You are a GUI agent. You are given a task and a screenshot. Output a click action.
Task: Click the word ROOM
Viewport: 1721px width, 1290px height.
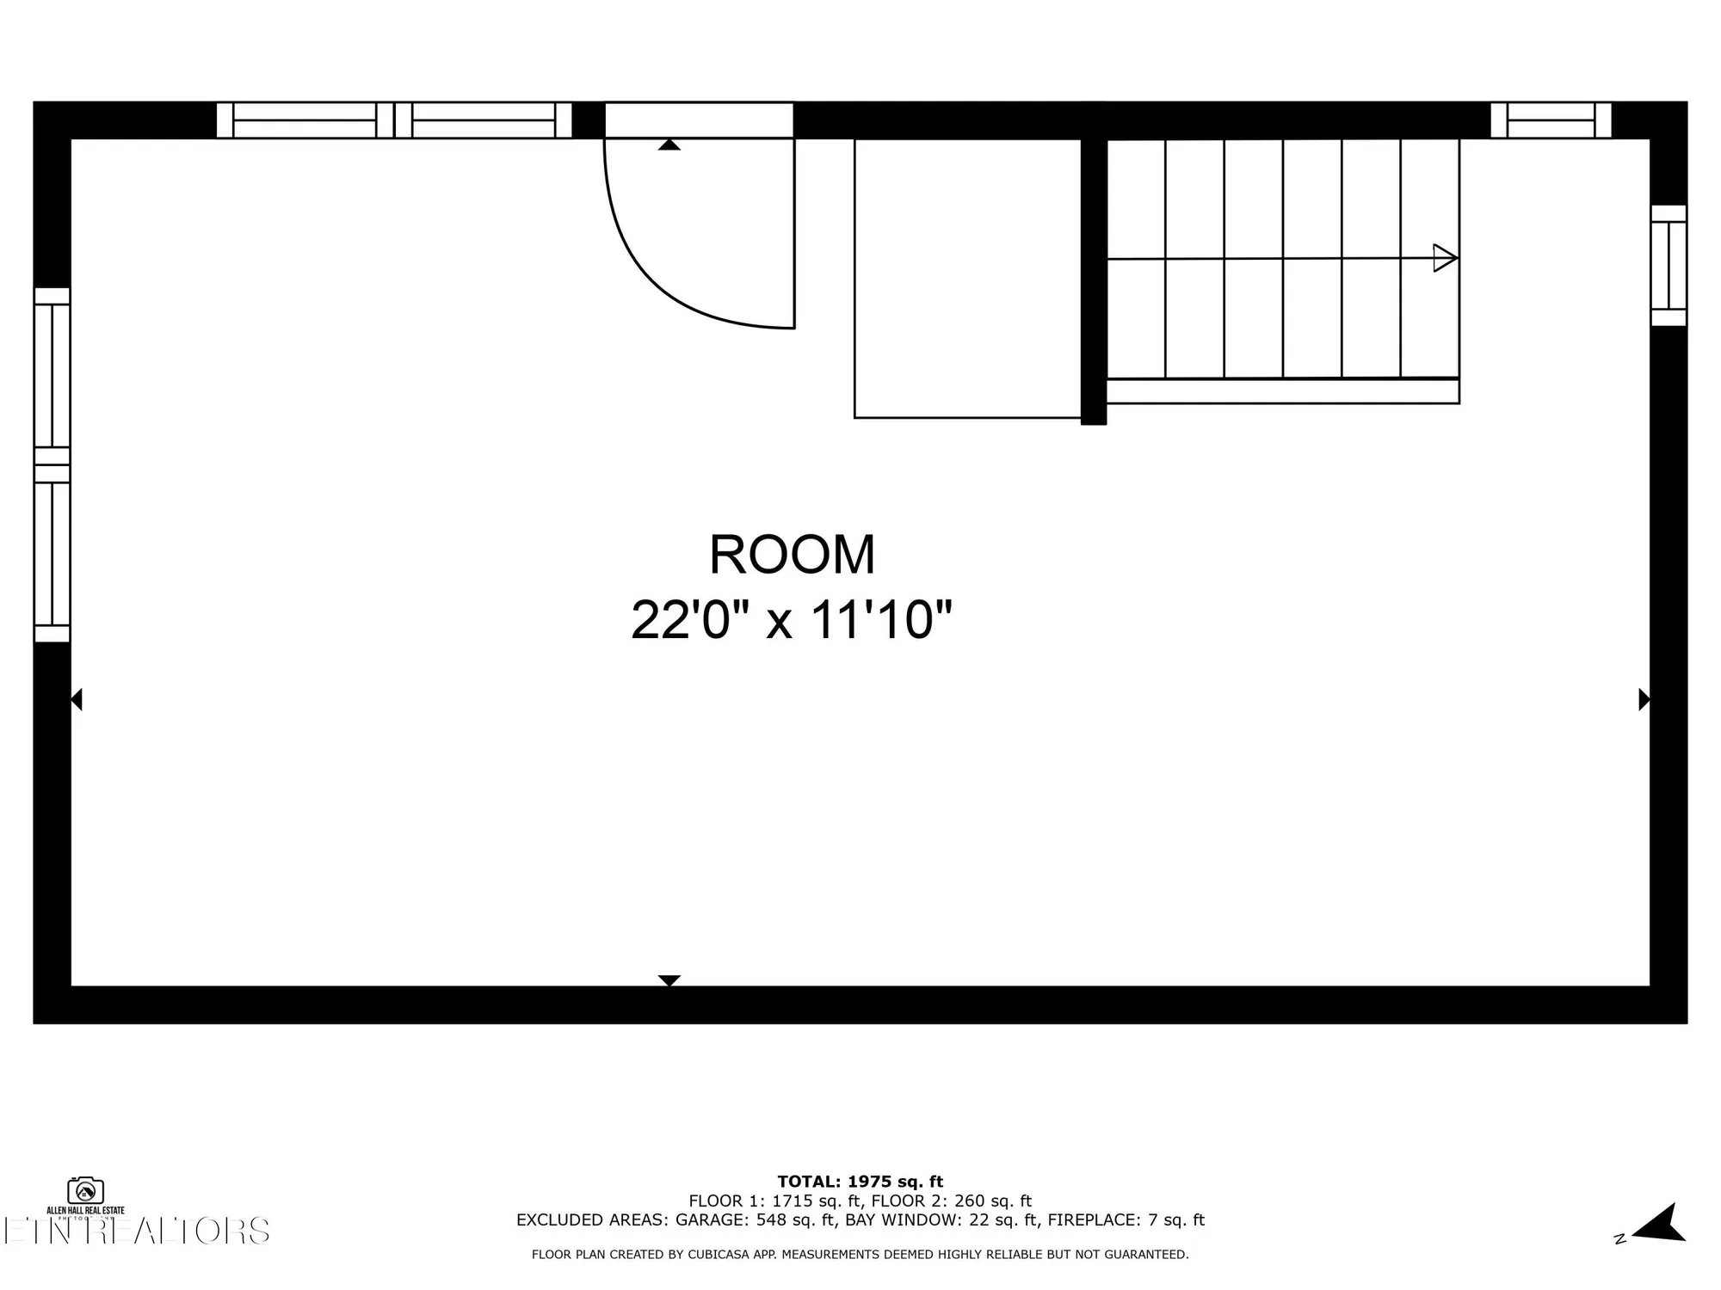pyautogui.click(x=792, y=556)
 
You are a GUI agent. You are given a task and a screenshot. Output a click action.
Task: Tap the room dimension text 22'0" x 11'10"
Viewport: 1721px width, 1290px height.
pyautogui.click(x=792, y=620)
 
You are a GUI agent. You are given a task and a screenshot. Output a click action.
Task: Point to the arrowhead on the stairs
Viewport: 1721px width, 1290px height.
pyautogui.click(x=1445, y=258)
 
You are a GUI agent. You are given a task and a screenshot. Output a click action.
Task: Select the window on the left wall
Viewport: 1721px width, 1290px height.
pyautogui.click(x=52, y=464)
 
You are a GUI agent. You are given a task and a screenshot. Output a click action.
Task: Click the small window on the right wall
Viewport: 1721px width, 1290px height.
pyautogui.click(x=1669, y=265)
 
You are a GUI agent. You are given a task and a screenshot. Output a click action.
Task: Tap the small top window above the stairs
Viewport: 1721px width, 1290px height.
pyautogui.click(x=1551, y=120)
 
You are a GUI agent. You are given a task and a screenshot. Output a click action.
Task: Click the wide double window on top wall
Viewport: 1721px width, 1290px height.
pyautogui.click(x=393, y=120)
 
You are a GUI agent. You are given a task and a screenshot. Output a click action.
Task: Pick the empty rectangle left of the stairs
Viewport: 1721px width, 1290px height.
pyautogui.click(x=967, y=278)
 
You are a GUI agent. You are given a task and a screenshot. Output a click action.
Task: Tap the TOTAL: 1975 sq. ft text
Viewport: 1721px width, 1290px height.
pyautogui.click(x=860, y=1182)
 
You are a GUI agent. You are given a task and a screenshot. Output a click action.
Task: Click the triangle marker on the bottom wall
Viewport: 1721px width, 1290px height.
pyautogui.click(x=669, y=980)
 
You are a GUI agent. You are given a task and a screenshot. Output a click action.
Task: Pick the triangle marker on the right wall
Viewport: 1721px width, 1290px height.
pyautogui.click(x=1644, y=699)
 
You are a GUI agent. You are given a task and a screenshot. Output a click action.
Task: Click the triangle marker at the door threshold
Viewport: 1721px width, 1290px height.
pyautogui.click(x=669, y=144)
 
